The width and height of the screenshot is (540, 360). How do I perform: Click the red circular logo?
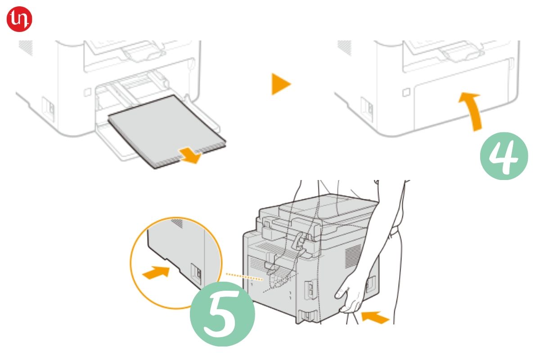pyautogui.click(x=19, y=19)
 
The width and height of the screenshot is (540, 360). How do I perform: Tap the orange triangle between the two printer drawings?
pyautogui.click(x=280, y=84)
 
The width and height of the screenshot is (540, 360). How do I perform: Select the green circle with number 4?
pyautogui.click(x=504, y=156)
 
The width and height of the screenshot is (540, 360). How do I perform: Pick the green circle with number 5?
pyautogui.click(x=222, y=314)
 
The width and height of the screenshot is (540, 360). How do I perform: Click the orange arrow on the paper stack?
pyautogui.click(x=190, y=155)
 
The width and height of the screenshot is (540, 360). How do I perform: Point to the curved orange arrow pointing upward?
pyautogui.click(x=471, y=111)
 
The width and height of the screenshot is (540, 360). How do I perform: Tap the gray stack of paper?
pyautogui.click(x=167, y=131)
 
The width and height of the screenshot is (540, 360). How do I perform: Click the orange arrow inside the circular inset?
pyautogui.click(x=156, y=272)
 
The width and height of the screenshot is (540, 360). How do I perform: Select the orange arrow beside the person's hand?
pyautogui.click(x=375, y=317)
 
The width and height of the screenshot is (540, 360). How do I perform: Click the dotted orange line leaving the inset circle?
pyautogui.click(x=244, y=277)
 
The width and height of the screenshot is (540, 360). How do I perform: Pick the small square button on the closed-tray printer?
pyautogui.click(x=406, y=92)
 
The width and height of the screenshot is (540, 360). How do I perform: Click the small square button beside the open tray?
pyautogui.click(x=87, y=92)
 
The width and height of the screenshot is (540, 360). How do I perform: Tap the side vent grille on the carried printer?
pyautogui.click(x=353, y=256)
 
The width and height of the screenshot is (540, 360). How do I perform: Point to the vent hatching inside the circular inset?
pyautogui.click(x=178, y=223)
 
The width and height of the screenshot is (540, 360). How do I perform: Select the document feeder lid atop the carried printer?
pyautogui.click(x=328, y=207)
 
